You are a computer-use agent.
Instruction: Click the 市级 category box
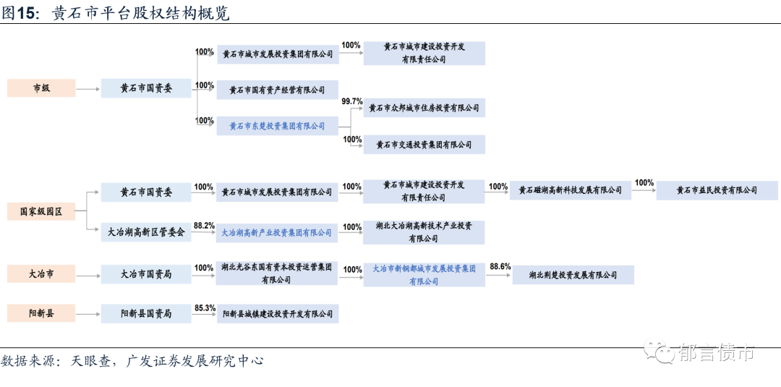[x=41, y=88]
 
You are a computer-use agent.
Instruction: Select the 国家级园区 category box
[x=41, y=212]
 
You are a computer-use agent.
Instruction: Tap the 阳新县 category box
[x=41, y=314]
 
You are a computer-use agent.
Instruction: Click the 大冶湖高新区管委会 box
[x=146, y=233]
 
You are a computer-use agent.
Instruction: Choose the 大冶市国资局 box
[x=146, y=275]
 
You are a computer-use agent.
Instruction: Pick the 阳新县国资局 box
[x=146, y=314]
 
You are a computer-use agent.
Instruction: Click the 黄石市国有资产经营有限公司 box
[x=278, y=90]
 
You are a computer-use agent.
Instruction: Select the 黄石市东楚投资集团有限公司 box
[x=278, y=126]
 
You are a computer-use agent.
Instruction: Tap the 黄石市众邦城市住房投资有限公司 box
[x=424, y=108]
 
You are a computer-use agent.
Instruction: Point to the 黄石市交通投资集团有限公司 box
[x=424, y=145]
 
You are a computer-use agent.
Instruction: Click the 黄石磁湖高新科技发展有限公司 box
[x=571, y=190]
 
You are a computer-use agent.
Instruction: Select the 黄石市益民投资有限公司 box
[x=717, y=190]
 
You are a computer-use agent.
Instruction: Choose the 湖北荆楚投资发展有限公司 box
[x=573, y=275]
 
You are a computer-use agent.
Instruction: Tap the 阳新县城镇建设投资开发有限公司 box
[x=278, y=314]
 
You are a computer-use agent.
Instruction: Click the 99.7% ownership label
[x=352, y=101]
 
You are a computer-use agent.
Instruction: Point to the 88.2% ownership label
[x=205, y=226]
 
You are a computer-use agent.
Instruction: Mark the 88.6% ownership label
[x=500, y=266]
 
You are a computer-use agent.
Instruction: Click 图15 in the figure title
[x=20, y=13]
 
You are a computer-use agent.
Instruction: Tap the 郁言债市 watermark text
[x=717, y=353]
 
